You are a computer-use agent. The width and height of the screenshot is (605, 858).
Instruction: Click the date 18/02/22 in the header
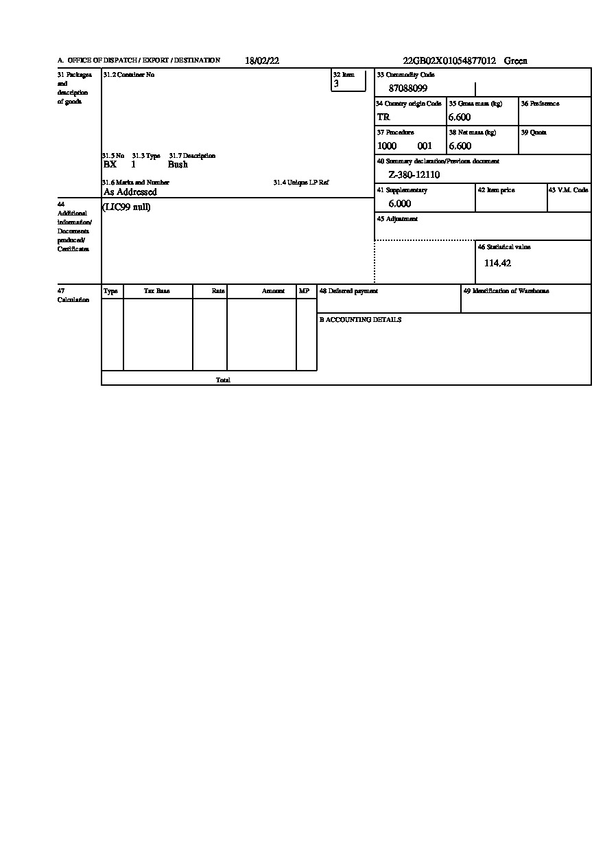(262, 61)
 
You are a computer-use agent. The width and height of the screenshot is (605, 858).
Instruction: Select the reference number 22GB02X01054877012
(449, 61)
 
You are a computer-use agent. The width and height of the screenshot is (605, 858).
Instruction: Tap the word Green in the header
(516, 61)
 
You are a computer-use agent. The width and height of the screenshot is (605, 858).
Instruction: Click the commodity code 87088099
(408, 89)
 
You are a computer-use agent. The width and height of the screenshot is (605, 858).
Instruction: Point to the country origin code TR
(383, 117)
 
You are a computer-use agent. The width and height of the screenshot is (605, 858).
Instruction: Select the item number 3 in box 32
(336, 84)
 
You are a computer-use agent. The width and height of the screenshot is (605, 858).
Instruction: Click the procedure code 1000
(387, 146)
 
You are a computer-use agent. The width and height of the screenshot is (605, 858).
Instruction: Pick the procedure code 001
(425, 146)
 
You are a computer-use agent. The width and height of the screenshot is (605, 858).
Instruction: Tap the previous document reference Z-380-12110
(414, 175)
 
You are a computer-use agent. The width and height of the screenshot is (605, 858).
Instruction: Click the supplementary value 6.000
(400, 204)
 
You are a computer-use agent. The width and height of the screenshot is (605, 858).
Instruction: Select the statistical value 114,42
(497, 263)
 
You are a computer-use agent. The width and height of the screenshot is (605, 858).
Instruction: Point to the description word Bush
(178, 165)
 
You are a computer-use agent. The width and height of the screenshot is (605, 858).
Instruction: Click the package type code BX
(110, 165)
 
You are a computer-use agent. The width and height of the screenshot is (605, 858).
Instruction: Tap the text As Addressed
(130, 192)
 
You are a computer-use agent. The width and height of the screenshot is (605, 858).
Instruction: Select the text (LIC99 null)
(126, 207)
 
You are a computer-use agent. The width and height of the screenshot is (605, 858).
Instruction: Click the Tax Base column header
(157, 291)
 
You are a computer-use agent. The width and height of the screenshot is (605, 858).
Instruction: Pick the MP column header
(304, 291)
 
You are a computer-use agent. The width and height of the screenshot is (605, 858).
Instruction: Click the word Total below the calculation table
(223, 380)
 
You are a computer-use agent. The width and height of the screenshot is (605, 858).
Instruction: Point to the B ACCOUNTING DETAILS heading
(360, 320)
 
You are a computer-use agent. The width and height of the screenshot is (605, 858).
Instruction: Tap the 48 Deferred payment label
(348, 291)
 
